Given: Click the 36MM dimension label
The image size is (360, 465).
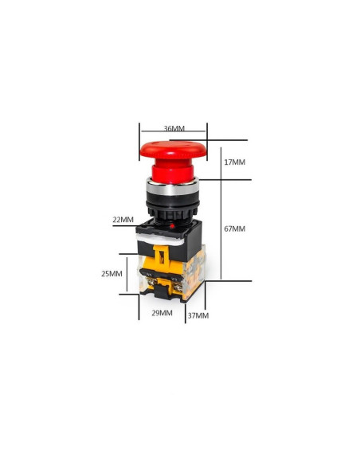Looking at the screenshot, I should click(x=174, y=128).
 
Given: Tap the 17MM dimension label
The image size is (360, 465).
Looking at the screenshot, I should click(x=235, y=162).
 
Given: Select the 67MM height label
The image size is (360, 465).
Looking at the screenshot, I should click(x=235, y=229).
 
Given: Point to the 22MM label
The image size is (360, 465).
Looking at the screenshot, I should click(x=123, y=219).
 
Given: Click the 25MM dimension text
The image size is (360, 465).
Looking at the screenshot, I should click(x=112, y=273).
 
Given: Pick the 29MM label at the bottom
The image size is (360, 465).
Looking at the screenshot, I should click(x=162, y=313).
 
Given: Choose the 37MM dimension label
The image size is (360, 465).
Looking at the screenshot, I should click(x=198, y=315).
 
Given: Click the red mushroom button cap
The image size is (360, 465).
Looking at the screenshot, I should click(x=173, y=149).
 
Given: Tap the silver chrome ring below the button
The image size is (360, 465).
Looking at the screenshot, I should click(x=172, y=190).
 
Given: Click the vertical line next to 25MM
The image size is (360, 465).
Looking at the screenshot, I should click(x=127, y=274).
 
